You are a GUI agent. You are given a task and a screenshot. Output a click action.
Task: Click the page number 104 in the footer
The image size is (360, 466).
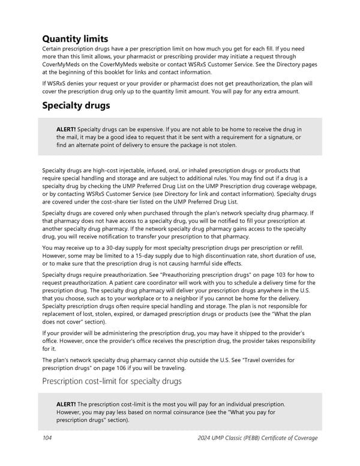point(47,438)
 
